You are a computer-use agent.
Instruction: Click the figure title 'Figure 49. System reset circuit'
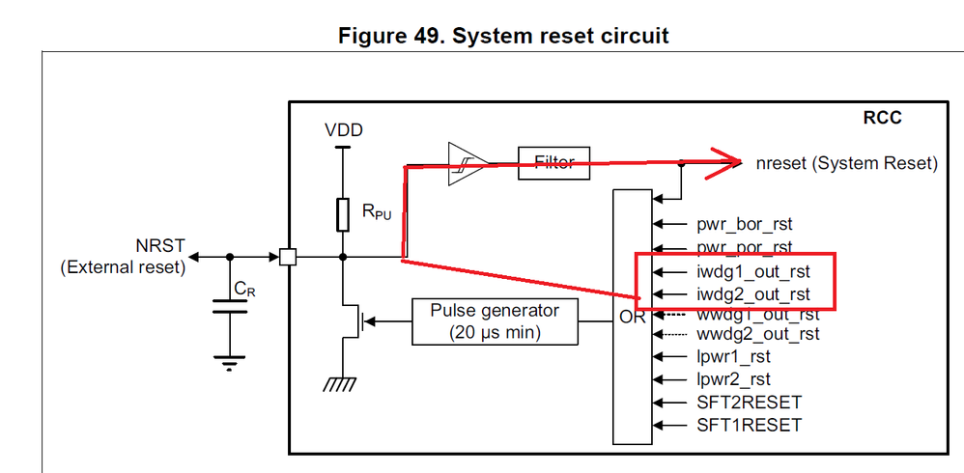[502, 36]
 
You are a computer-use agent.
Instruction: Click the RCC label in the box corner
[882, 118]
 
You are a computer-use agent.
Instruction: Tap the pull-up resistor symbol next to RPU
[343, 214]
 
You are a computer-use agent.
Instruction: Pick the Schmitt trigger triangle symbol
[464, 164]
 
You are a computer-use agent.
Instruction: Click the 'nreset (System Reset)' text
[847, 164]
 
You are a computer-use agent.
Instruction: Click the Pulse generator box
[495, 321]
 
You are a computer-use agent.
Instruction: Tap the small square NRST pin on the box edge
[287, 257]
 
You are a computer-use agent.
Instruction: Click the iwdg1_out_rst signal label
[753, 270]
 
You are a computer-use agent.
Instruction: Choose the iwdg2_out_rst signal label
[753, 294]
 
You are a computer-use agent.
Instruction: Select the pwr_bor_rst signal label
[746, 224]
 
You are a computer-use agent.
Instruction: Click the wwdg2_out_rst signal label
[758, 334]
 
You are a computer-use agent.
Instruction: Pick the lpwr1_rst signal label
[733, 357]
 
